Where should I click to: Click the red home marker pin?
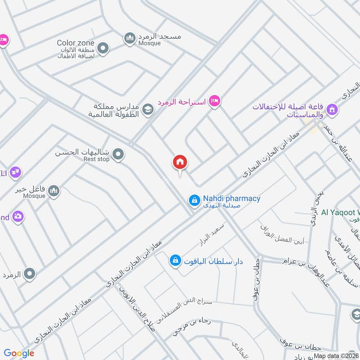click(180, 162)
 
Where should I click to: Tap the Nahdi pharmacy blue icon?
click(194, 200)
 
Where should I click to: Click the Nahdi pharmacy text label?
click(231, 198)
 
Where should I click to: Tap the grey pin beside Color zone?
click(103, 48)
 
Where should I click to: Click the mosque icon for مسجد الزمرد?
click(130, 39)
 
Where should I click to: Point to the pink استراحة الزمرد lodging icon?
click(215, 101)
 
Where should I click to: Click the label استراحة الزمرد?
click(181, 102)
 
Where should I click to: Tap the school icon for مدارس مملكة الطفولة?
click(148, 109)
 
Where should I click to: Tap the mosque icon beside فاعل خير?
click(54, 191)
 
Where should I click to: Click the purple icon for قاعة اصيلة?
click(332, 109)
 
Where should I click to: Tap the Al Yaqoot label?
click(340, 212)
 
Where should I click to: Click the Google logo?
click(19, 353)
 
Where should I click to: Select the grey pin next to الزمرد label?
click(30, 273)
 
